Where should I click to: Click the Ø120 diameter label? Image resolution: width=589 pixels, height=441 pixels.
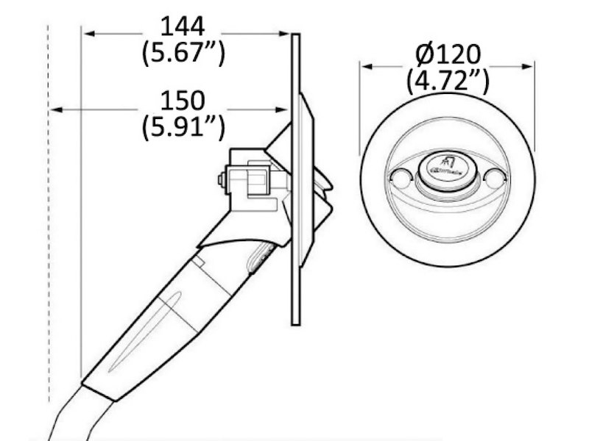448,54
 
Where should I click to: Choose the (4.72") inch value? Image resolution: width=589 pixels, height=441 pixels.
448,80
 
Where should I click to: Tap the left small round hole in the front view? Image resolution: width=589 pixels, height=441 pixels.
400,177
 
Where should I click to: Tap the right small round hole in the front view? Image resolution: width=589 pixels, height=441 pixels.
494,177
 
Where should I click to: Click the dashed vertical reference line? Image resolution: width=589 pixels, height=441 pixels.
49,220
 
